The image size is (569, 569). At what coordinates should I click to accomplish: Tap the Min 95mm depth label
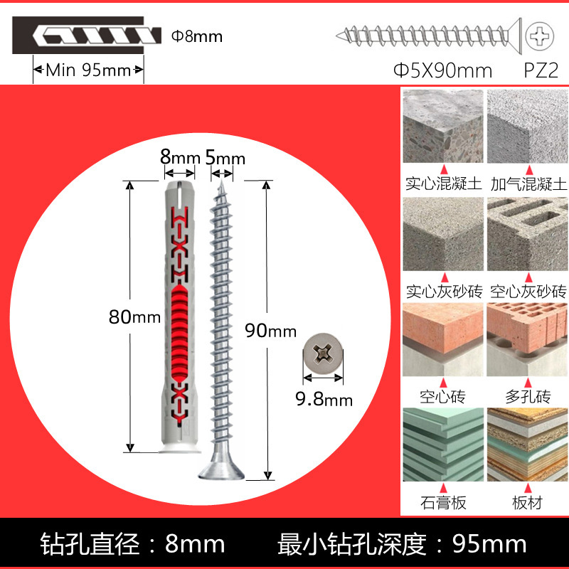(x=89, y=70)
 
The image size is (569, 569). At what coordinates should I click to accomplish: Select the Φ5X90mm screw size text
(x=443, y=70)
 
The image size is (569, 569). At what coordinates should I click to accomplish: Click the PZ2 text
(x=540, y=70)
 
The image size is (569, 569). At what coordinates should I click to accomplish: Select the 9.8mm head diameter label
(x=324, y=398)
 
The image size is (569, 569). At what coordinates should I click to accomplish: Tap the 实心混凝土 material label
(x=443, y=184)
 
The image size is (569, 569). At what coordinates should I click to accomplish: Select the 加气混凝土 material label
(x=527, y=184)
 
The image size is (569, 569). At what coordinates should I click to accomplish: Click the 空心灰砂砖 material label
(x=527, y=291)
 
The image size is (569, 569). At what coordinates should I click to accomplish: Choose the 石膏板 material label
(x=443, y=502)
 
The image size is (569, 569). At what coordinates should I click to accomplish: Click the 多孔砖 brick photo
(x=527, y=338)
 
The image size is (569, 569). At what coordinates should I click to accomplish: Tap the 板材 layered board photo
(x=527, y=444)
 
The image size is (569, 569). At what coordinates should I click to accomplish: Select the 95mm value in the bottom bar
(x=491, y=545)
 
